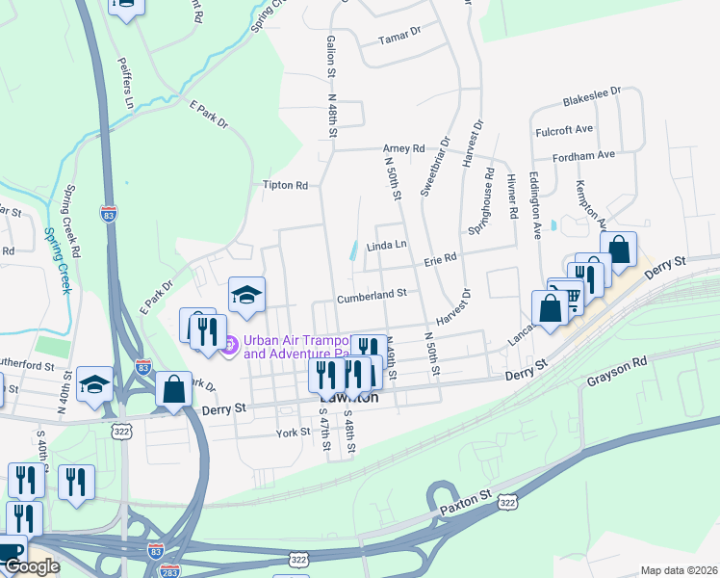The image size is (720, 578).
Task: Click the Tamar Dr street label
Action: [401, 32]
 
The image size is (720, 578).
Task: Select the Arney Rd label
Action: [403, 148]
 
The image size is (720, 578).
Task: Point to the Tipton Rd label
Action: [285, 185]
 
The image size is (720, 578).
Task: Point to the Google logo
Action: [31, 566]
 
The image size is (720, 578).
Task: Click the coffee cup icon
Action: [10, 552]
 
